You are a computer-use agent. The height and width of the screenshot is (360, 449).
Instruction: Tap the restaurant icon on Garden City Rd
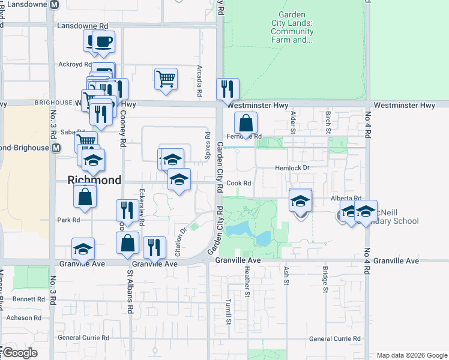(228, 89)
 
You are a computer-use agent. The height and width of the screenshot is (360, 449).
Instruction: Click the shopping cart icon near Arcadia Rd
(166, 78)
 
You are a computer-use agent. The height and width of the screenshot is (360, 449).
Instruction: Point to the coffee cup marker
(103, 41)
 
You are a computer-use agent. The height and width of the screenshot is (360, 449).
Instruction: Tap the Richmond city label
(94, 180)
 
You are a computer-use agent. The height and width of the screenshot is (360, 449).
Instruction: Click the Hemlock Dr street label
(292, 168)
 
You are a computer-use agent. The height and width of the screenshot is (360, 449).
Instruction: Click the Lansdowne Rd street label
(82, 26)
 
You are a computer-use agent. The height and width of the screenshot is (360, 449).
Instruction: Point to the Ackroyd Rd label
(74, 64)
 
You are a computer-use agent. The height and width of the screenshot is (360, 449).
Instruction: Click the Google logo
(19, 353)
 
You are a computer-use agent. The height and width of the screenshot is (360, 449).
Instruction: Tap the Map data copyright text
(411, 355)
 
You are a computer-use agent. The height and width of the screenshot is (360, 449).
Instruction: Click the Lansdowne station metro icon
(55, 4)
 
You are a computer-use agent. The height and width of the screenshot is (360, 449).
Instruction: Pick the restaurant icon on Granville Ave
(154, 247)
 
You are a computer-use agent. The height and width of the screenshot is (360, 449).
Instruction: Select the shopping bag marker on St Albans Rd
(127, 243)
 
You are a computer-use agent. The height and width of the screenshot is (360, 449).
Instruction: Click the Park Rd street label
(68, 220)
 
